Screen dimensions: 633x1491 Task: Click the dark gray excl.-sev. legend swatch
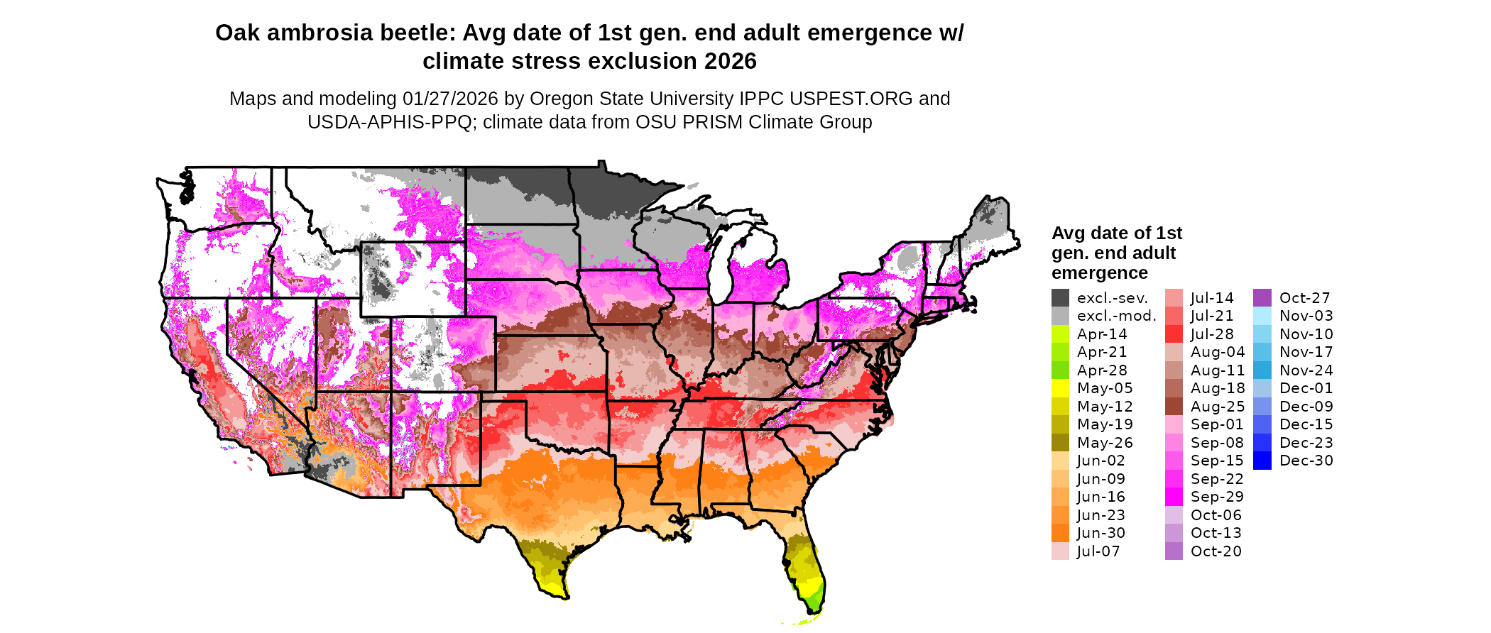point(1060,298)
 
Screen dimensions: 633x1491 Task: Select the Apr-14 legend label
point(1102,334)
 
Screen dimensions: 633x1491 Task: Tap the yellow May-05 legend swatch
point(1060,388)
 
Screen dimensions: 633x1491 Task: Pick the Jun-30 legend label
point(1101,533)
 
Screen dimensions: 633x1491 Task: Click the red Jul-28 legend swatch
point(1174,334)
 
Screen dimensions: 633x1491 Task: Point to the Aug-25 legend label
point(1218,407)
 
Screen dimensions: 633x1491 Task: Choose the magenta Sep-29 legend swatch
point(1174,497)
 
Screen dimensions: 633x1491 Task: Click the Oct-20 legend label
point(1216,551)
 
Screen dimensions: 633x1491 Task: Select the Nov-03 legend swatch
point(1262,316)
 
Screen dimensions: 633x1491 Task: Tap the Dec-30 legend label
point(1306,461)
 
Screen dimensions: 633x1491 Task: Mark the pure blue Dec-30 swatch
point(1262,461)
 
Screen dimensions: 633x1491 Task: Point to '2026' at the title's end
point(731,61)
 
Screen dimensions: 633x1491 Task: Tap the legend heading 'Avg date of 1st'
point(1116,233)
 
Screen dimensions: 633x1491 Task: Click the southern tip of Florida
point(816,612)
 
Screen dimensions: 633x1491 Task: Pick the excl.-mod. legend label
point(1117,316)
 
